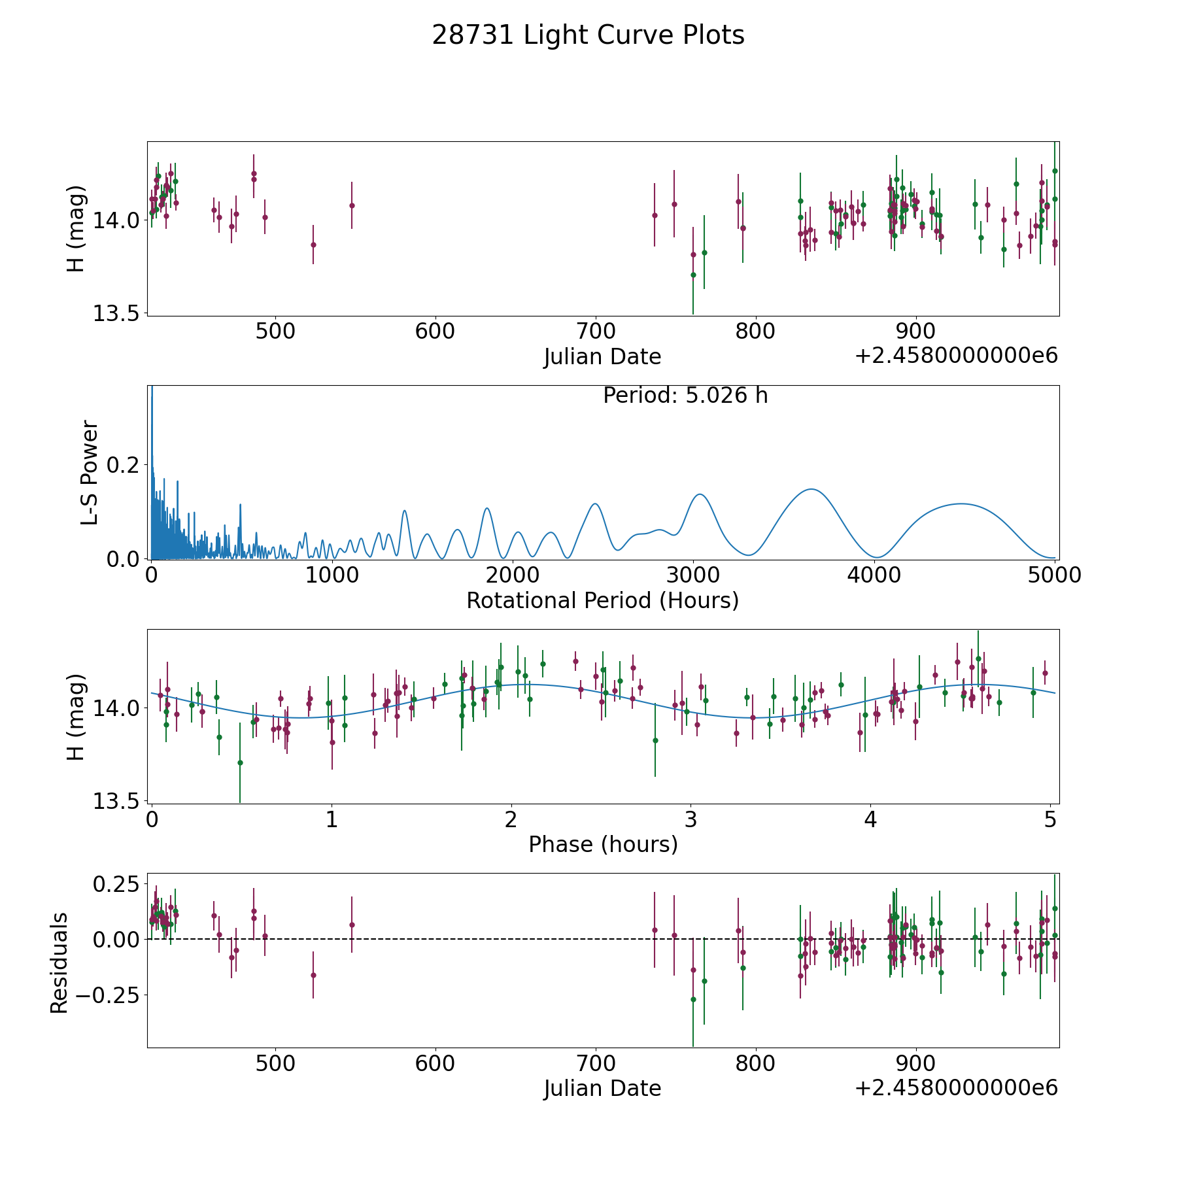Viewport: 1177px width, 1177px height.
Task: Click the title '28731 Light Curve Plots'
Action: (588, 35)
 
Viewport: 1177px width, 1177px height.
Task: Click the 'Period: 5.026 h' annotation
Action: (685, 396)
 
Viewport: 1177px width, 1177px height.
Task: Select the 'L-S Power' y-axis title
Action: (90, 472)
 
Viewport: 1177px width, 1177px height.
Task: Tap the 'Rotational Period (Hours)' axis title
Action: (602, 600)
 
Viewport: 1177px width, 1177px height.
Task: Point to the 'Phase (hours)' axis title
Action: (602, 844)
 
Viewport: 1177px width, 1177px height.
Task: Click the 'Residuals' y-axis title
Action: (60, 963)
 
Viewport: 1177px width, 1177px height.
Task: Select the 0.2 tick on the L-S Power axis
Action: (124, 465)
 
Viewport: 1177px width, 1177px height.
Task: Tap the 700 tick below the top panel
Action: (595, 331)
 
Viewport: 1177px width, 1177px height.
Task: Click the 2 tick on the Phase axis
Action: (511, 820)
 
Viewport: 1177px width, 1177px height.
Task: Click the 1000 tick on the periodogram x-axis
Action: (332, 575)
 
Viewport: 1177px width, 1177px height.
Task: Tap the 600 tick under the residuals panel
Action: (435, 1063)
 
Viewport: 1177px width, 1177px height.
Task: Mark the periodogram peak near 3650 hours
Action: (811, 489)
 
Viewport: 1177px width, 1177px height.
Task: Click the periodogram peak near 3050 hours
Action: (700, 494)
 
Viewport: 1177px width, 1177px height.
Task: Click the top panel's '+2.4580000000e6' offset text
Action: (956, 356)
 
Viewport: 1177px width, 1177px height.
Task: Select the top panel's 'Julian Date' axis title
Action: (602, 357)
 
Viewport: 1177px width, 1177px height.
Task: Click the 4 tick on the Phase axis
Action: (870, 820)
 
